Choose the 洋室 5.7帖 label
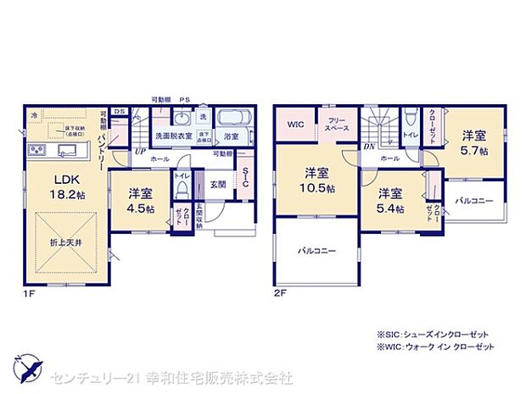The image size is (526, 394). (x=474, y=142)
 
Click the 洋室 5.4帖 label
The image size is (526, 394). (x=391, y=199)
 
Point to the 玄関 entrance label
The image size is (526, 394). (x=218, y=184)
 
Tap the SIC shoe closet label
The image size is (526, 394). (x=245, y=177)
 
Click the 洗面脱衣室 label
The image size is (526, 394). (x=173, y=136)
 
